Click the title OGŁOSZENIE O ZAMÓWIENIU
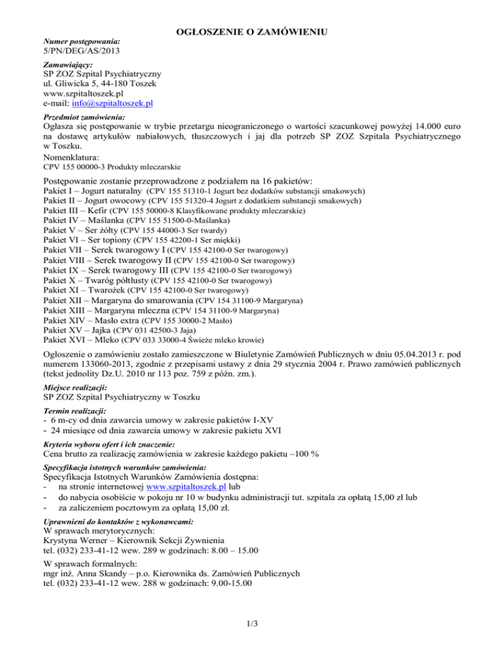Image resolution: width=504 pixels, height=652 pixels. click(252, 30)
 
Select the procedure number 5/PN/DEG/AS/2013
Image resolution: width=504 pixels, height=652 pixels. click(81, 50)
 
